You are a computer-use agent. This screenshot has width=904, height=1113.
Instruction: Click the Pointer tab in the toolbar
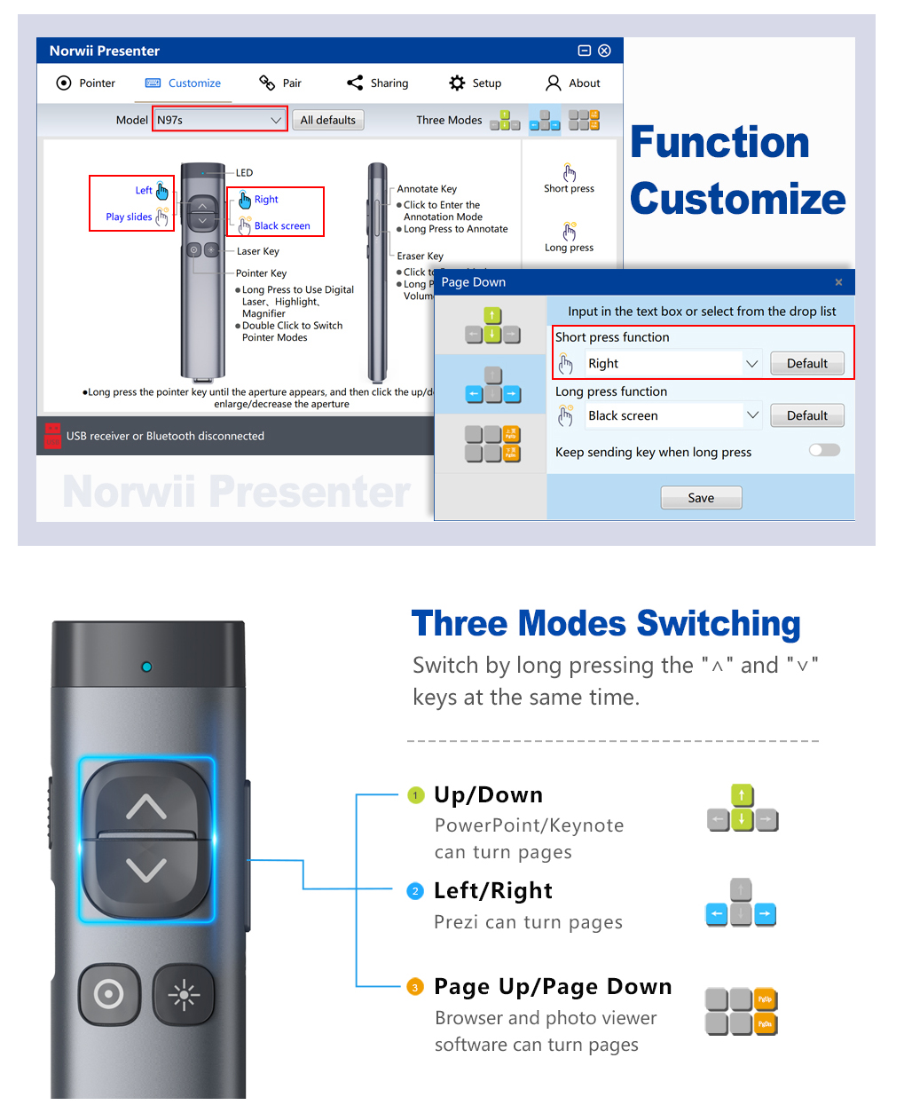coord(86,83)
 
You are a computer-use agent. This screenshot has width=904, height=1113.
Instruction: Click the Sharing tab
coord(378,83)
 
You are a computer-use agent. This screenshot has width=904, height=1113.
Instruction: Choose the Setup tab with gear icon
coord(476,83)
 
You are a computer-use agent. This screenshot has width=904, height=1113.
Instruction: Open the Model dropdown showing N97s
coord(220,120)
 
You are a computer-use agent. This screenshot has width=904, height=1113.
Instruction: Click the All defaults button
coord(327,120)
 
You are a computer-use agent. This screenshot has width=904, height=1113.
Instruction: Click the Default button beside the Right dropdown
coord(806,364)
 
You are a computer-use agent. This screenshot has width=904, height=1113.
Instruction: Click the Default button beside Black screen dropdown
coord(806,416)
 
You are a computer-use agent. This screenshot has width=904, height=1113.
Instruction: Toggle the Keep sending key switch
coord(824,451)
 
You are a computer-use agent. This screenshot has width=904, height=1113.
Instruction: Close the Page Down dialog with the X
coord(838,282)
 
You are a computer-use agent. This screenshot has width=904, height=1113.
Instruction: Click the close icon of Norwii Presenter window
coord(604,51)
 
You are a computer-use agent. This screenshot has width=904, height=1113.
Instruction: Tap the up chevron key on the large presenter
coord(146,805)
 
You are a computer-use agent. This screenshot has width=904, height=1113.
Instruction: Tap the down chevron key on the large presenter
coord(146,870)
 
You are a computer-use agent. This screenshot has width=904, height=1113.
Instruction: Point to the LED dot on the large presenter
coord(146,667)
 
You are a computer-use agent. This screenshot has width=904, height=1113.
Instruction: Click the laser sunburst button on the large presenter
coord(184,994)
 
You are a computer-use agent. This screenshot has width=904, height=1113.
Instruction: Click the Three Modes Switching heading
coord(606,624)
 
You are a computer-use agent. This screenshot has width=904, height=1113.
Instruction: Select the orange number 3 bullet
coord(415,987)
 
